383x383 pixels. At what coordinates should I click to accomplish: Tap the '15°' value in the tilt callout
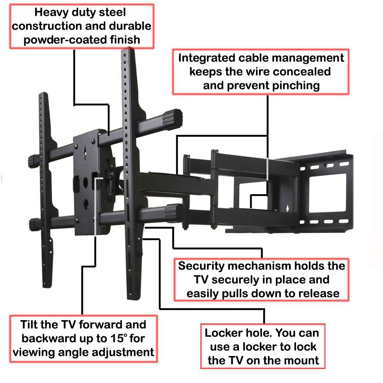116,338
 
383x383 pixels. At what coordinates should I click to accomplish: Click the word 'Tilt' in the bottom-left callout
31,325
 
